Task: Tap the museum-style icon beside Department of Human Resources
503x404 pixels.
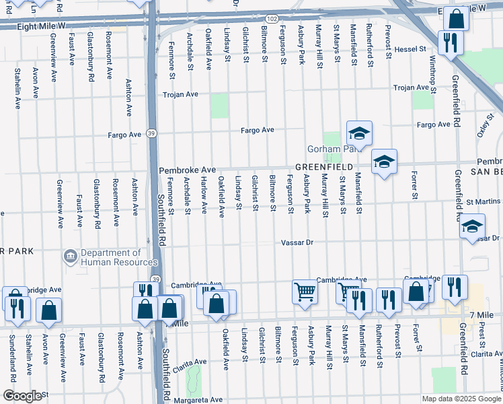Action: [71, 257]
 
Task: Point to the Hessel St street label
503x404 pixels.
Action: [411, 49]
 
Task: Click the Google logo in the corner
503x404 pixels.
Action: [22, 396]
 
